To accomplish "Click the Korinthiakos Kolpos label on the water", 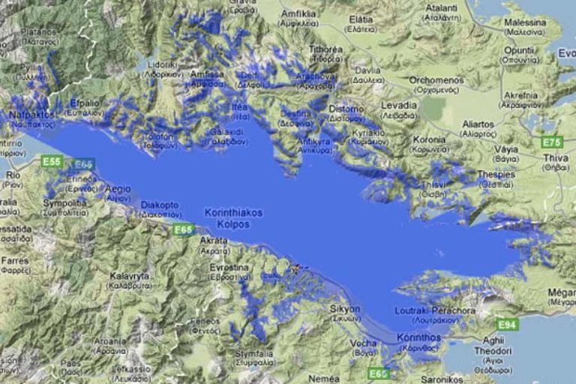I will click(233, 218).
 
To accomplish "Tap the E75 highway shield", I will click(551, 142).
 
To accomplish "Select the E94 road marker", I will click(508, 324).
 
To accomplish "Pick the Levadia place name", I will click(397, 105).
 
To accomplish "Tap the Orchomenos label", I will click(437, 80).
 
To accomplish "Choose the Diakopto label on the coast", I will click(159, 204).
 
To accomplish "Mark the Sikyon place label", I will click(345, 308).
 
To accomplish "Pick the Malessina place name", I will click(525, 22).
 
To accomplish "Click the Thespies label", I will click(496, 174).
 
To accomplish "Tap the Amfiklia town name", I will click(298, 13).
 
